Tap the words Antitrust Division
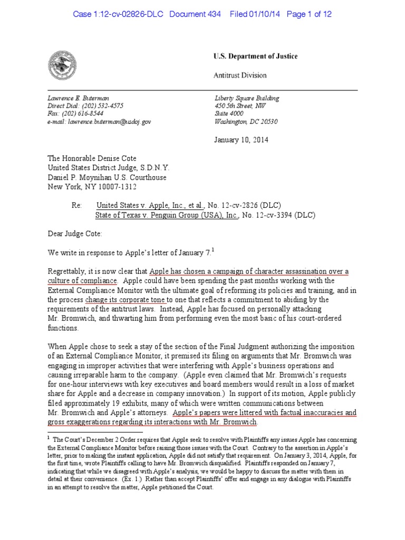pos(240,75)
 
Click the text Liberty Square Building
pos(247,98)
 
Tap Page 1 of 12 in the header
pos(309,14)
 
